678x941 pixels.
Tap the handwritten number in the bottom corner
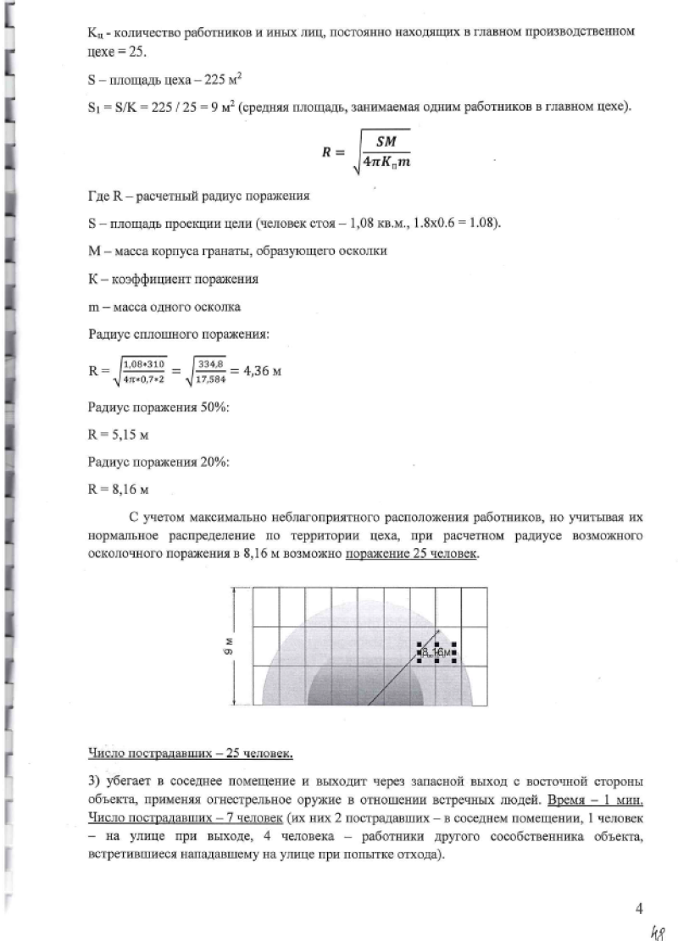tap(655, 931)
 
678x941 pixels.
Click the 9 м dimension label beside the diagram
tap(240, 645)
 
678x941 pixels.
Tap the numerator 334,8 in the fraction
tap(209, 363)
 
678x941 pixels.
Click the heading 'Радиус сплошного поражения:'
tap(179, 335)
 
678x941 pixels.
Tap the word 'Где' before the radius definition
tap(99, 196)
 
